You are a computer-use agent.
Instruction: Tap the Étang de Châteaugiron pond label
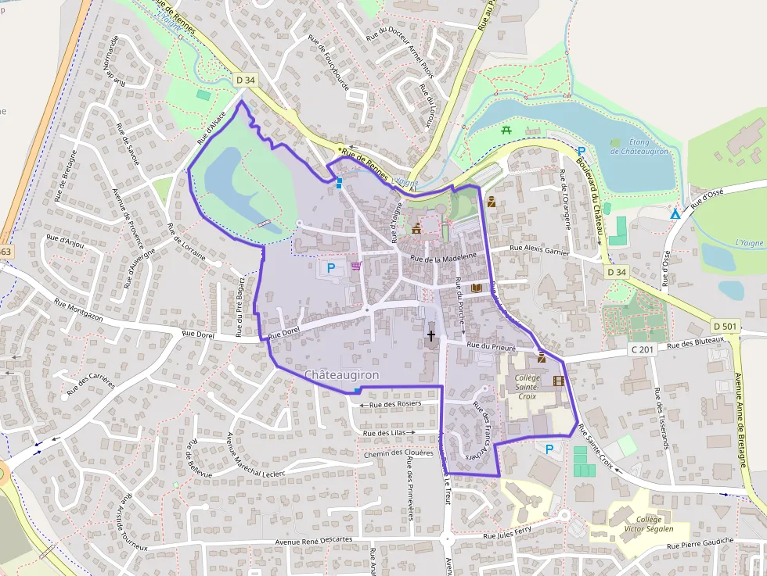640,146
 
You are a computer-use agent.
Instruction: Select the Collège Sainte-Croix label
527,386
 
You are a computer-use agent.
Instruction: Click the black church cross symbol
430,336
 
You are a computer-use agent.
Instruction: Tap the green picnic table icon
506,130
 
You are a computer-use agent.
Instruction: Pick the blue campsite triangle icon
675,213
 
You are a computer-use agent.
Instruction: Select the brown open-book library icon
476,288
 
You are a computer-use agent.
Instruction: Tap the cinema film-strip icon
558,381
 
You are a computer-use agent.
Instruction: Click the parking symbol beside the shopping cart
331,268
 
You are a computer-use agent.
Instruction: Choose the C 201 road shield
642,349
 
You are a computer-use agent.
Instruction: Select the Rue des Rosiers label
395,404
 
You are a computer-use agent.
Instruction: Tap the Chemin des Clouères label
398,453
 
